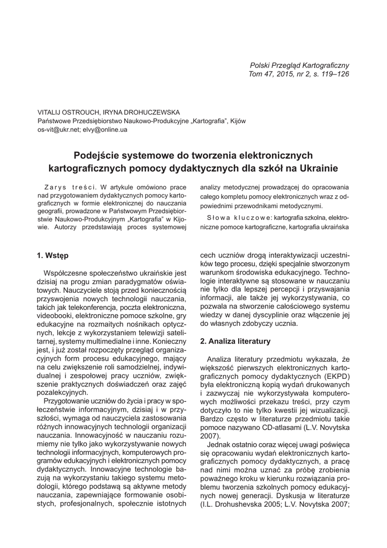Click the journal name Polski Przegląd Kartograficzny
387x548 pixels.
pos(300,65)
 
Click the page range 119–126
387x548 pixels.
pos(332,74)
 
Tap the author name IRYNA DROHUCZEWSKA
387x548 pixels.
pos(143,113)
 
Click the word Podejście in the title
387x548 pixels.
pos(96,156)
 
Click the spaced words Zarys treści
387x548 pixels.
pos(70,188)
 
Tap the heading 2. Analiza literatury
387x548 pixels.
pos(235,340)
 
